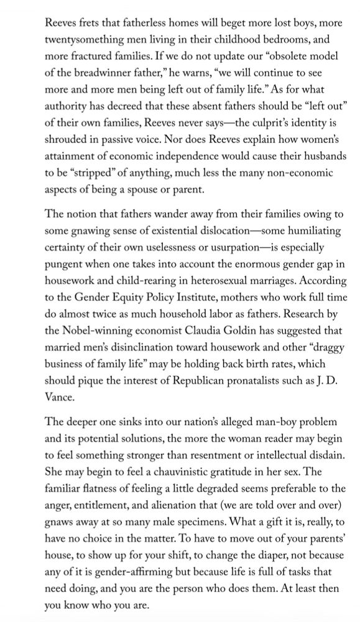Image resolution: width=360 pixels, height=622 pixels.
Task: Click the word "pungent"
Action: coord(67,262)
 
